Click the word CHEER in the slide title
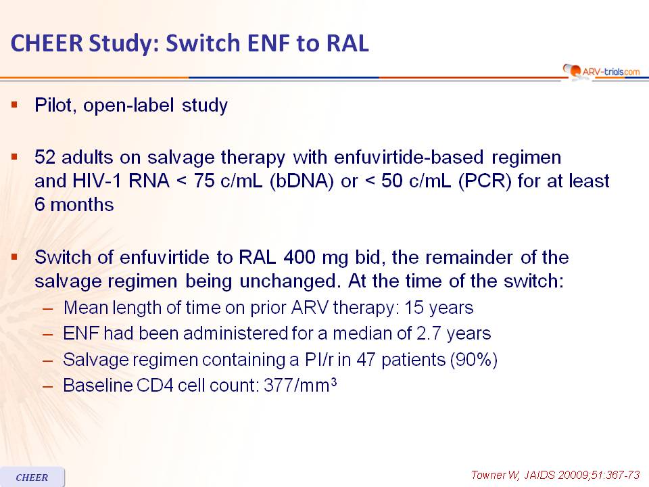click(47, 43)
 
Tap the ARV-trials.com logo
click(602, 71)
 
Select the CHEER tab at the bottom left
click(32, 477)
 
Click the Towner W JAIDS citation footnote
click(556, 475)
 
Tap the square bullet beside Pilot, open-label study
click(15, 105)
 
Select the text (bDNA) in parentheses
click(302, 181)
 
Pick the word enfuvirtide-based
click(408, 158)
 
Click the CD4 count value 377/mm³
click(300, 385)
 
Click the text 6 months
click(74, 204)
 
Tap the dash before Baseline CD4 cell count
click(48, 386)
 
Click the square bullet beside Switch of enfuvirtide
click(15, 257)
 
